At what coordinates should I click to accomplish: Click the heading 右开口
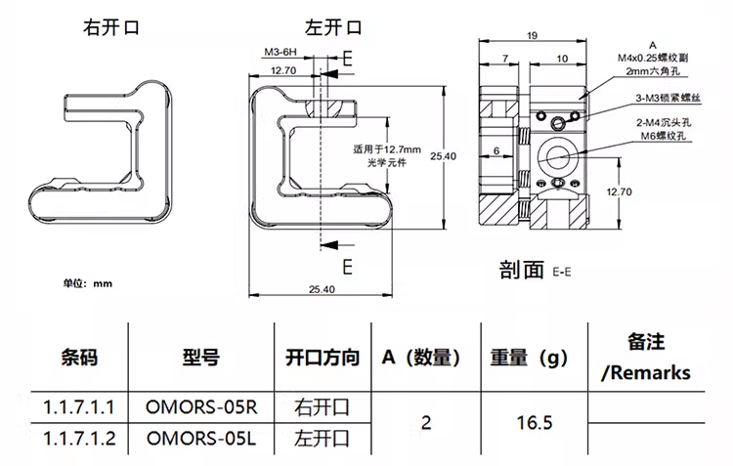coord(110,28)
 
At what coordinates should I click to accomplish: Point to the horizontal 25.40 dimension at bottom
coord(323,289)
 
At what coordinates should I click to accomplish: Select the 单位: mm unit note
coord(89,283)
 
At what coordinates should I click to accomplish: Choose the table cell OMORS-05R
coord(200,405)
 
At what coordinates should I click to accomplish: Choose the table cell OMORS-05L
coord(200,439)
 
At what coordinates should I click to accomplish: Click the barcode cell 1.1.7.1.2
coord(80,439)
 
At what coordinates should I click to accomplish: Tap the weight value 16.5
coord(535,422)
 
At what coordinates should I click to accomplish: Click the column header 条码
coord(79,359)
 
